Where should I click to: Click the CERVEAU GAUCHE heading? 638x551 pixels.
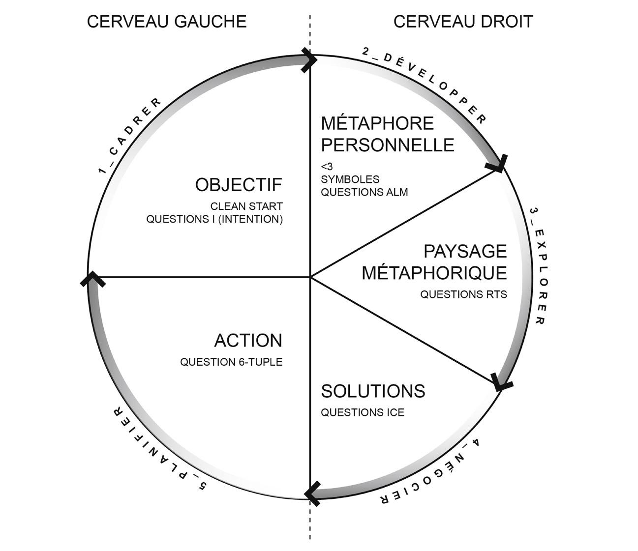click(166, 22)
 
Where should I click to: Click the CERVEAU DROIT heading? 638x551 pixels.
click(463, 22)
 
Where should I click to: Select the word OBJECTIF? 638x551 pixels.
click(239, 185)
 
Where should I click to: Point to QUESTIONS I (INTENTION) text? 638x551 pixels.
click(214, 219)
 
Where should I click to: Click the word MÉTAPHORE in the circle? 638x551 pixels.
click(377, 123)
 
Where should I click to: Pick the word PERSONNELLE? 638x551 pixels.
click(388, 145)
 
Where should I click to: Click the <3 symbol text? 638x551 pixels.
click(327, 167)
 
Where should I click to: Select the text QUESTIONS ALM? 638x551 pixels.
click(365, 192)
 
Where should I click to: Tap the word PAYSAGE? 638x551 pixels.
click(465, 251)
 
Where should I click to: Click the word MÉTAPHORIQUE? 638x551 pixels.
click(434, 273)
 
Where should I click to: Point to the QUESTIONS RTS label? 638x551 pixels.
click(463, 294)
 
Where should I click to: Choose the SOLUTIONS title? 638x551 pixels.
click(373, 391)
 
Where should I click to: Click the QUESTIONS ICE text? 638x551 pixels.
click(363, 413)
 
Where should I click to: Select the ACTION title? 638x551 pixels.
click(248, 341)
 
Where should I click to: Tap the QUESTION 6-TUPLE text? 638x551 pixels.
click(231, 362)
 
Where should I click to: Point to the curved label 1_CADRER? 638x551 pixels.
click(129, 136)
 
